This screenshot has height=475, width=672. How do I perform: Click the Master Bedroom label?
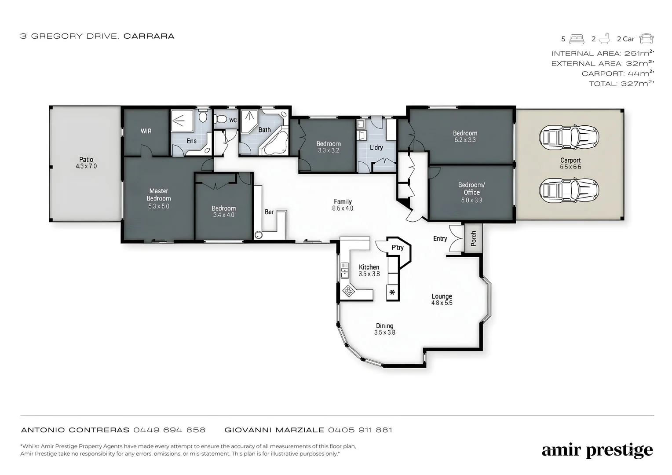(159, 195)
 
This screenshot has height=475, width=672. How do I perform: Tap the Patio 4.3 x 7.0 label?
(86, 163)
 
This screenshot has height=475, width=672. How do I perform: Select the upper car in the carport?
(569, 137)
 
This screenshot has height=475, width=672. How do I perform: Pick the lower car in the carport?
(569, 190)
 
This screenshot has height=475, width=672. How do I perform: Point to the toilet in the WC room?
(220, 119)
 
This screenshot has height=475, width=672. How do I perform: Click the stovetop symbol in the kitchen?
(349, 291)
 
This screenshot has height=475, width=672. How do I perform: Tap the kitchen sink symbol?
(344, 270)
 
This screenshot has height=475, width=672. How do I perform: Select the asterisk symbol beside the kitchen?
(392, 293)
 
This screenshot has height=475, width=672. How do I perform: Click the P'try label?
(398, 248)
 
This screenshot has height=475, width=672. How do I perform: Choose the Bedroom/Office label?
(471, 189)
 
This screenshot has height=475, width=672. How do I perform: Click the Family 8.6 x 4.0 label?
(343, 205)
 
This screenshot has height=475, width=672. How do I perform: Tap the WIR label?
(146, 131)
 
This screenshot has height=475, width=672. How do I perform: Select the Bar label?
(269, 212)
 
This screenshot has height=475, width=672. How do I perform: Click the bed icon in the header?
(577, 39)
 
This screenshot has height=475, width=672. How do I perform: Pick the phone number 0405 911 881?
(360, 430)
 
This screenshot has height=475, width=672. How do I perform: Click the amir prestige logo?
(597, 450)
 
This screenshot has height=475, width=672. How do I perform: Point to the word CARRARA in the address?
(149, 36)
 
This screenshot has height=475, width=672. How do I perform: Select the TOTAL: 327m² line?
(621, 84)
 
